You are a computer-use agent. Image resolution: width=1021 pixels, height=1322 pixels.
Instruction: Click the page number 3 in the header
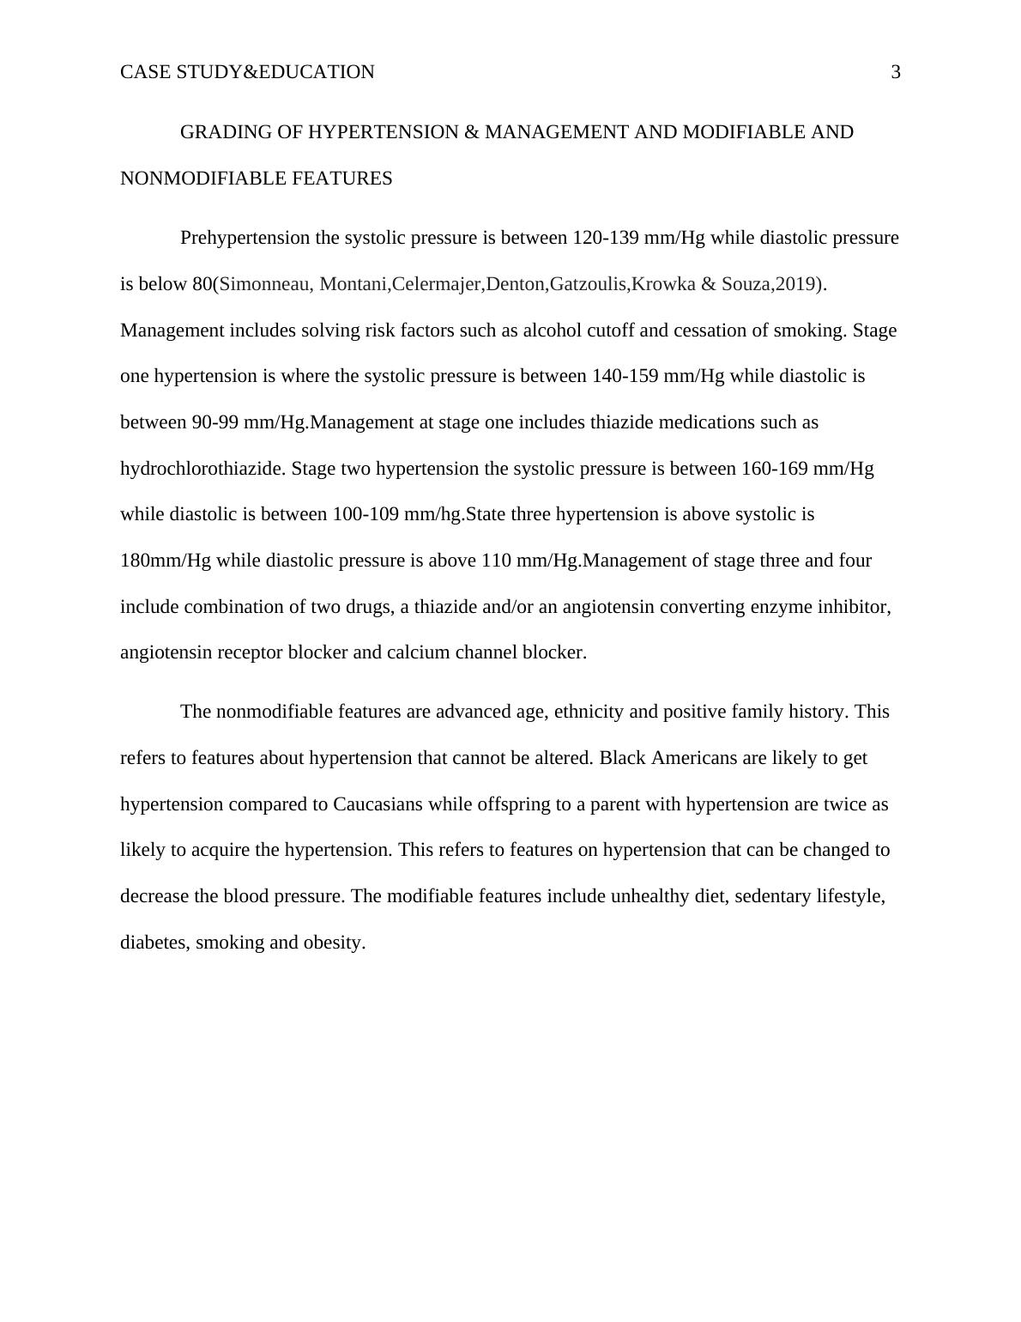pyautogui.click(x=896, y=72)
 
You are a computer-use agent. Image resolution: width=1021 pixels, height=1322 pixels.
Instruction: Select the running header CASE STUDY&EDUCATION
pyautogui.click(x=247, y=72)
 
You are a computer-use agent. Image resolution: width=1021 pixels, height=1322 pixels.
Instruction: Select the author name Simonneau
pyautogui.click(x=265, y=284)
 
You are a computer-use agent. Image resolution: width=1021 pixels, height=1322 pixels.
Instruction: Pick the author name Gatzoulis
pyautogui.click(x=588, y=284)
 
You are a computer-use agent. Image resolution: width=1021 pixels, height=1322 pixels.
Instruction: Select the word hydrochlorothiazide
pyautogui.click(x=202, y=469)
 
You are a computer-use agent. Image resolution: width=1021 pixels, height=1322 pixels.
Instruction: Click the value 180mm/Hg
pyautogui.click(x=165, y=561)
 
